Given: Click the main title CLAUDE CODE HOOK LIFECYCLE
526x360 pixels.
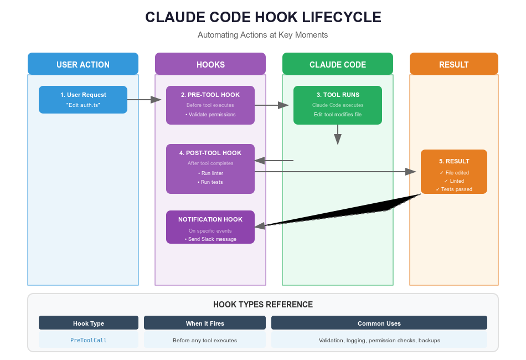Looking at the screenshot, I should click(x=263, y=17).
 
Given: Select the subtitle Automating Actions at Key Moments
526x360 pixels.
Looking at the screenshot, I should click(x=263, y=35).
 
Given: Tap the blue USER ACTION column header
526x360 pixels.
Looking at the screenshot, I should click(x=83, y=64).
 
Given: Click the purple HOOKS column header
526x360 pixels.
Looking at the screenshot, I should click(x=210, y=64).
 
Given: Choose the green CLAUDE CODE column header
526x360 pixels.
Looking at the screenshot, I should click(x=338, y=64).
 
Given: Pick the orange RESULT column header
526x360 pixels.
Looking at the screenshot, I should click(x=454, y=64).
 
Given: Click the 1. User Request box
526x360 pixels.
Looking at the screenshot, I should click(x=83, y=100).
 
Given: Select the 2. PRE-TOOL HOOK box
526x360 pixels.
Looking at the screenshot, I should click(x=210, y=105).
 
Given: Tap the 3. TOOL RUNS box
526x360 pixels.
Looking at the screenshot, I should click(x=338, y=105).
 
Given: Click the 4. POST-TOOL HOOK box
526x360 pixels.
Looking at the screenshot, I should click(x=210, y=168).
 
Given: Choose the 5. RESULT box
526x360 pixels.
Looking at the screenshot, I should click(x=454, y=171).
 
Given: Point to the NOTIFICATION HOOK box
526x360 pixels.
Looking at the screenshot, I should click(x=210, y=227).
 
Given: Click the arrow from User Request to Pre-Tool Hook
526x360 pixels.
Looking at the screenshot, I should click(x=144, y=100).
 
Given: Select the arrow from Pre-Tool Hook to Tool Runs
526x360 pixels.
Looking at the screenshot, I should click(x=272, y=105).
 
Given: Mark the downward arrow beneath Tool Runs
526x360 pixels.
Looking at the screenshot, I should click(x=338, y=134).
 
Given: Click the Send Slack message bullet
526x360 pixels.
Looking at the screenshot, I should click(x=210, y=239).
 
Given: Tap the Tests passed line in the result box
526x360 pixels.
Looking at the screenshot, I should click(x=454, y=189).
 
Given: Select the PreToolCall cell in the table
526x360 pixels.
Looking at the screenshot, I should click(x=89, y=340).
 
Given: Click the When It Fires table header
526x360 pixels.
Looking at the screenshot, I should click(x=205, y=323).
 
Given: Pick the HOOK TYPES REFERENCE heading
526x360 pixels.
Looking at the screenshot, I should click(x=263, y=305).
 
